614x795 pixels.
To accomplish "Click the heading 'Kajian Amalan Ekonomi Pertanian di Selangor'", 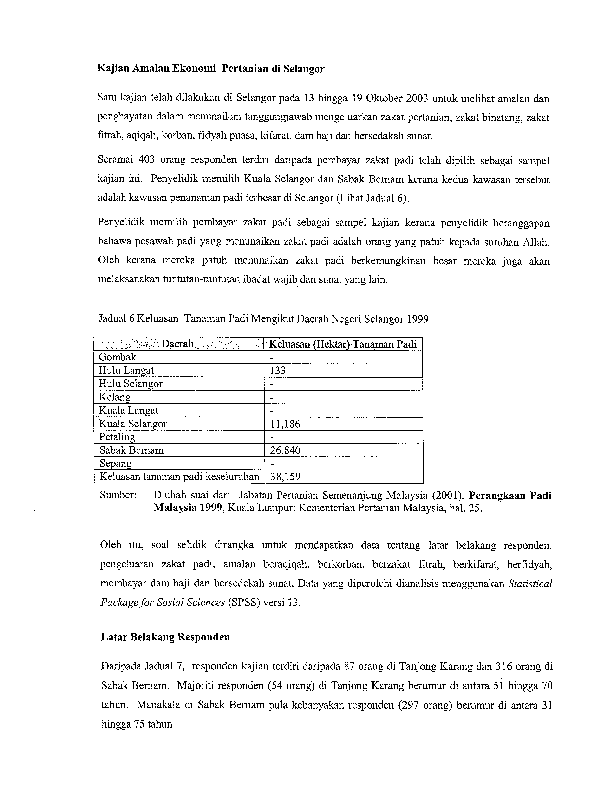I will (211, 69).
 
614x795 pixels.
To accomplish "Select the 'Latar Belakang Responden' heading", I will (165, 637).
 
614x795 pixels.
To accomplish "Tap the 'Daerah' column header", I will (177, 344).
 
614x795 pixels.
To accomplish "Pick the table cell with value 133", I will (278, 371).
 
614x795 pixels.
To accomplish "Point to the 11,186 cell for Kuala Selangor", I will (285, 424).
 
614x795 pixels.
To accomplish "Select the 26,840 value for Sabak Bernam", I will (285, 450).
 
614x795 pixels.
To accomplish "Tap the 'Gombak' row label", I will (118, 357).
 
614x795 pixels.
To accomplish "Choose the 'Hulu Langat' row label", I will (126, 371).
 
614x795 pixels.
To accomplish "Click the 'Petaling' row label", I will (117, 437).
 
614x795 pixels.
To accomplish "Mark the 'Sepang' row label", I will (115, 463).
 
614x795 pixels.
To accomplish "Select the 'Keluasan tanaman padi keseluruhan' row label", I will (179, 477).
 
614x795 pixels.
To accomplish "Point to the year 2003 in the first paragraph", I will (410, 99).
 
